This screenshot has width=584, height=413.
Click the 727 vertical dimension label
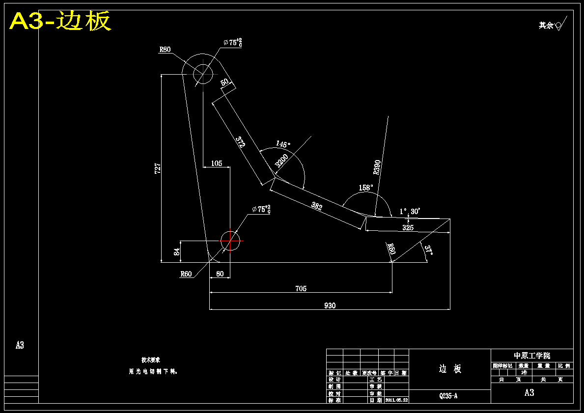[157, 168]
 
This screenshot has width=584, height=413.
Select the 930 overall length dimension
[330, 305]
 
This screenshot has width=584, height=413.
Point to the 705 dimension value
[301, 289]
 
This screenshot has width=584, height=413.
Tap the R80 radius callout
[165, 49]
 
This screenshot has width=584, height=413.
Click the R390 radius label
[377, 167]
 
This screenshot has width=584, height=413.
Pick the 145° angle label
[283, 144]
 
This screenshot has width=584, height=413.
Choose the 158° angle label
[365, 188]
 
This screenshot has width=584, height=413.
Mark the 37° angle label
[429, 250]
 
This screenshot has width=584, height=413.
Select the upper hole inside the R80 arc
[202, 75]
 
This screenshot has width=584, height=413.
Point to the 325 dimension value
[408, 228]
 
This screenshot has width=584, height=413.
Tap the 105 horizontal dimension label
[216, 164]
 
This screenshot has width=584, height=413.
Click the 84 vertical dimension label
[177, 252]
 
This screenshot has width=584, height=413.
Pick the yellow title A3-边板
[60, 21]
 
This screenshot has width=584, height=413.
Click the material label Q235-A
[448, 396]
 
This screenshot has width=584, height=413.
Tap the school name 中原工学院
[532, 356]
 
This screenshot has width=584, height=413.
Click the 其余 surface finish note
[546, 25]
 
